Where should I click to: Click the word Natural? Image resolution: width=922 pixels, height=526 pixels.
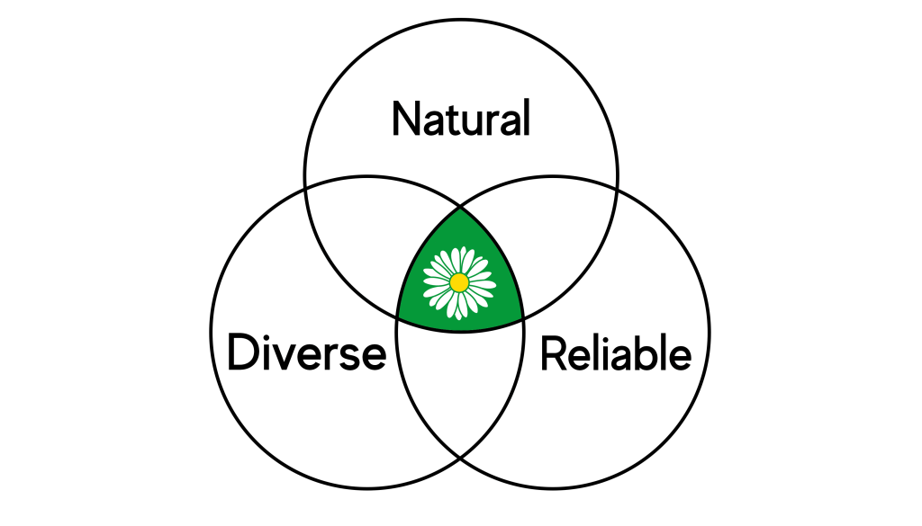(x=461, y=120)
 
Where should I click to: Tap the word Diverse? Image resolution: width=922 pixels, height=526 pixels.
(x=306, y=352)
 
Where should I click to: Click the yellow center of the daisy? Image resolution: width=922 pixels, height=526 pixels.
(x=459, y=282)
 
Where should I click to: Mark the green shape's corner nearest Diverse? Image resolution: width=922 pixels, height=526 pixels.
(x=398, y=316)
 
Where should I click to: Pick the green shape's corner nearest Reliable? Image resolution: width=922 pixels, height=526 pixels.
(x=523, y=316)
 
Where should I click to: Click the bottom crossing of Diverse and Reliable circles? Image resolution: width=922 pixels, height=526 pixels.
(x=460, y=456)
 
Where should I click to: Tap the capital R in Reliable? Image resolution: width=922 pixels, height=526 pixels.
(x=552, y=354)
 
